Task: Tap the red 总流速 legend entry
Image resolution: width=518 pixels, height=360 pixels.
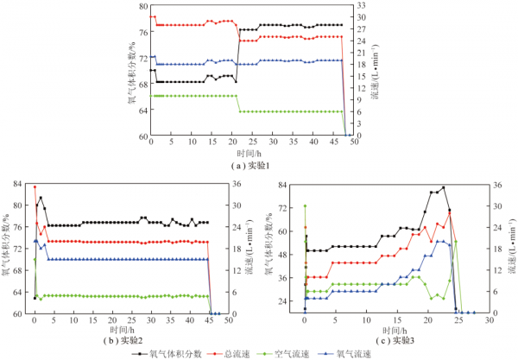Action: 237,353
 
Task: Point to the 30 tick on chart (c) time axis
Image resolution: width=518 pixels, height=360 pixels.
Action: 490,320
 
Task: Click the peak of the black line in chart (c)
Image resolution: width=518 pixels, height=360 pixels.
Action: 444,187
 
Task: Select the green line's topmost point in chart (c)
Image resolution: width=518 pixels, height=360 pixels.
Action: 305,205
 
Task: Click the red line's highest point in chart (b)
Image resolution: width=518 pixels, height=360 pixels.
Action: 35,186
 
